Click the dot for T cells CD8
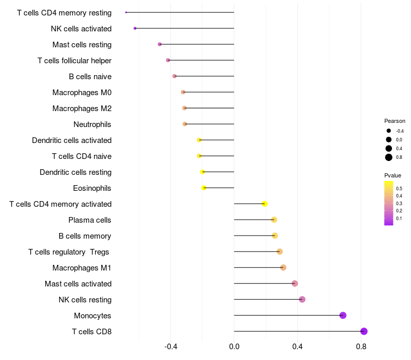(364, 331)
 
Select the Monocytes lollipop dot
(343, 315)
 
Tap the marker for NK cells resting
(302, 299)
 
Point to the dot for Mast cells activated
(295, 283)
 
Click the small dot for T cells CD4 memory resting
(126, 12)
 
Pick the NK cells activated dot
(135, 28)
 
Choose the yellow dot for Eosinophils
(204, 188)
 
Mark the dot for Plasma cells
(274, 220)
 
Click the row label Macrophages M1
(82, 268)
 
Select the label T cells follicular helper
(74, 61)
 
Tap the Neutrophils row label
(92, 124)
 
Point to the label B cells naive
(90, 77)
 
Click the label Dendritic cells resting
(76, 172)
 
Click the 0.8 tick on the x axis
(361, 347)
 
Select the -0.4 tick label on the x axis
(171, 347)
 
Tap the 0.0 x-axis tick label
(234, 347)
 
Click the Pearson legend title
(395, 121)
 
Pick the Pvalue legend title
(393, 175)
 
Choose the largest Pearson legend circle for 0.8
(389, 157)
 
